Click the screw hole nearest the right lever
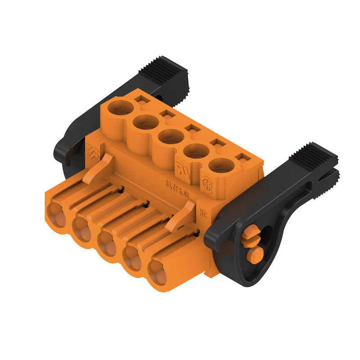point(221,165)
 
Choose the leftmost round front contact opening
point(55,213)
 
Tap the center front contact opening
point(107,243)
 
